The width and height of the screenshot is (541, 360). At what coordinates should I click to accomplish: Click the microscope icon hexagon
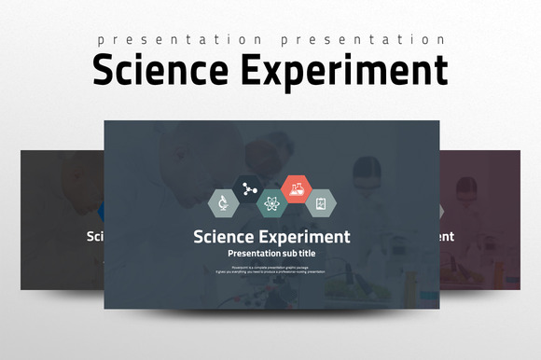221,202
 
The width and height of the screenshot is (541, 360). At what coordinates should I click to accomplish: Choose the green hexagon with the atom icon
270,202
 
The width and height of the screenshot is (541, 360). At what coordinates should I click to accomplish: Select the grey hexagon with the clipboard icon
321,202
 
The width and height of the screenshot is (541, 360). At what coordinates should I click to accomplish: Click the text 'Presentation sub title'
271,253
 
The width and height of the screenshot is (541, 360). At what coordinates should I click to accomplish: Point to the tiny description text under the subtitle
271,269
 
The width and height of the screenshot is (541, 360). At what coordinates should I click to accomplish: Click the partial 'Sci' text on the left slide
94,236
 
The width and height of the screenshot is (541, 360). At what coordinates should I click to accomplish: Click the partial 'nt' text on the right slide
447,236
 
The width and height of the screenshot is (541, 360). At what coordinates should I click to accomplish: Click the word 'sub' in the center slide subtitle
283,253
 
